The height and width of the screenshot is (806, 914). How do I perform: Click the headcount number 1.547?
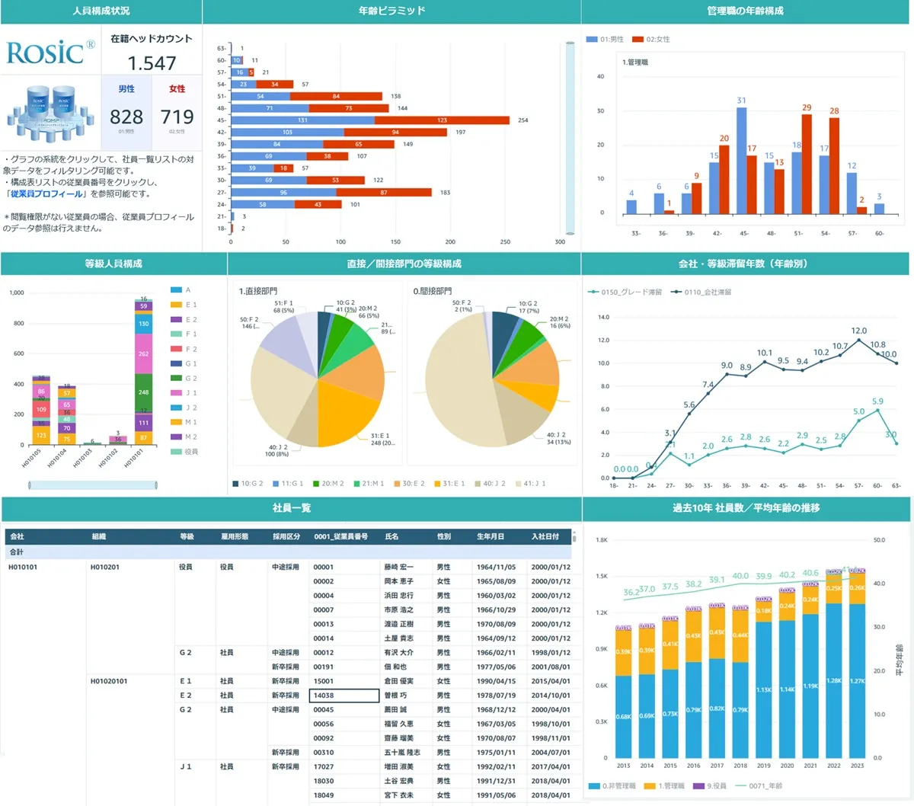[152, 63]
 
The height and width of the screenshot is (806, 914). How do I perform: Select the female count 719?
[177, 117]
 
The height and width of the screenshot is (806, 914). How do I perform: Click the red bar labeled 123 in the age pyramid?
[442, 120]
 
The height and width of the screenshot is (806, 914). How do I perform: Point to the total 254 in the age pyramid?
[523, 120]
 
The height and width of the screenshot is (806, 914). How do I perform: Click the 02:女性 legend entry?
[653, 40]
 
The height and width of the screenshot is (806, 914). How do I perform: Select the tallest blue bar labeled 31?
[741, 160]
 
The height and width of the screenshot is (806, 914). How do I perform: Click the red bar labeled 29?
[807, 164]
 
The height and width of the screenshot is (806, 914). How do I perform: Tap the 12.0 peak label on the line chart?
[858, 331]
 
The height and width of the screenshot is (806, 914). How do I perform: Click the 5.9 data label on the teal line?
[877, 401]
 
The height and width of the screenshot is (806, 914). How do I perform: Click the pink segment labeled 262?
[143, 354]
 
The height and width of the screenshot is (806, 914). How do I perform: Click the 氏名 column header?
[391, 536]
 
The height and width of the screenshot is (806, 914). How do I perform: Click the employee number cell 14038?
[344, 696]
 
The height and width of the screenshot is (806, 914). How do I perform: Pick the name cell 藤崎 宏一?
[398, 567]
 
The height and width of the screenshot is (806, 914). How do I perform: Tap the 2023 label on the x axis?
[857, 766]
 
